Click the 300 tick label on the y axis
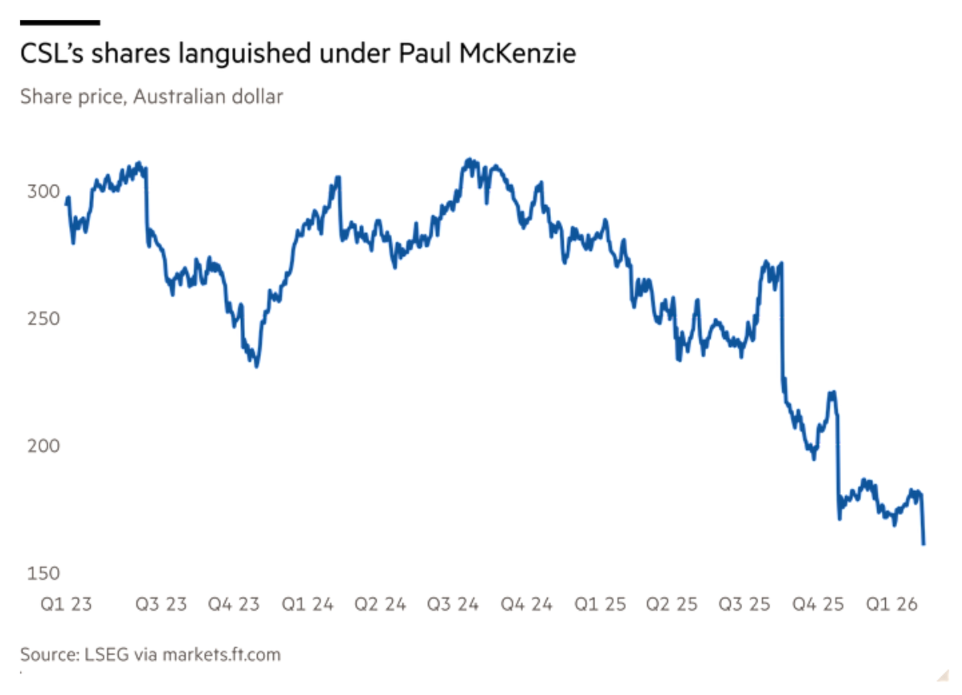coord(43,192)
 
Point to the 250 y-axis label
coord(43,319)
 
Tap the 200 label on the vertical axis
coord(43,446)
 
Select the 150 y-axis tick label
coord(43,573)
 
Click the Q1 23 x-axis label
coord(66,605)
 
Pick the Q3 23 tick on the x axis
coord(161,605)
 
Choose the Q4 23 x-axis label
coord(234,605)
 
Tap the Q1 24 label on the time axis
coord(307,605)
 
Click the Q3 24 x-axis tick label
coord(453,605)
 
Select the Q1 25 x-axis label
coord(600,605)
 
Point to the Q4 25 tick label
coord(818,605)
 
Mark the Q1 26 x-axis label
coord(891,605)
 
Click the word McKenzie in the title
coord(517,53)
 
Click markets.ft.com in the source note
coord(222,654)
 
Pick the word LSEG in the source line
coord(106,654)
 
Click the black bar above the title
coord(60,23)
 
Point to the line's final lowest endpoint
coord(924,543)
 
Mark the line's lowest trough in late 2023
coord(257,365)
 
